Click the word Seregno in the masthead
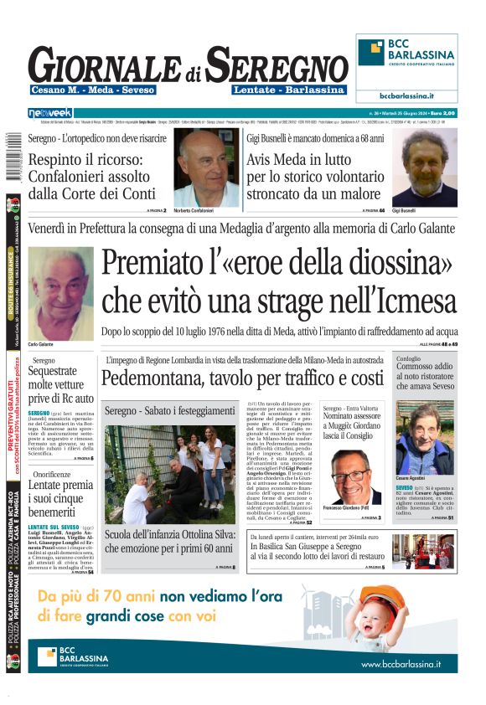click(x=277, y=64)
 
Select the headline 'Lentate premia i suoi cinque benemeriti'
click(x=60, y=497)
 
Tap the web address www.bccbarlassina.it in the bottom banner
click(x=401, y=664)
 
